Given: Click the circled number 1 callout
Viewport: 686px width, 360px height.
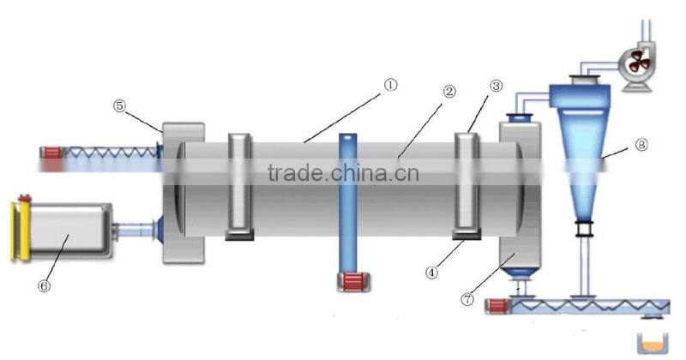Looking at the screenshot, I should pos(390,85).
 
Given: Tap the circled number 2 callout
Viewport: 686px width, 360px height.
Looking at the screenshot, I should pos(448,92).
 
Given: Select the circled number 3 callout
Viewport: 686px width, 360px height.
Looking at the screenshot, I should pos(496,86).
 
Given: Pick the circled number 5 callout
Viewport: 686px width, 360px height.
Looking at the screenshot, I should pos(119,105).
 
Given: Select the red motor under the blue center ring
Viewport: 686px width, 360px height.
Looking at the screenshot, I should pos(351,282).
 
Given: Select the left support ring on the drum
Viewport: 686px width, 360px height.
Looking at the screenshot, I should pos(238,184).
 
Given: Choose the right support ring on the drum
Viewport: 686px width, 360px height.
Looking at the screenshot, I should pos(466,184).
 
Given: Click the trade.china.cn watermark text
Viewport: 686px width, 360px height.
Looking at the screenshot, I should pos(343,174).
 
